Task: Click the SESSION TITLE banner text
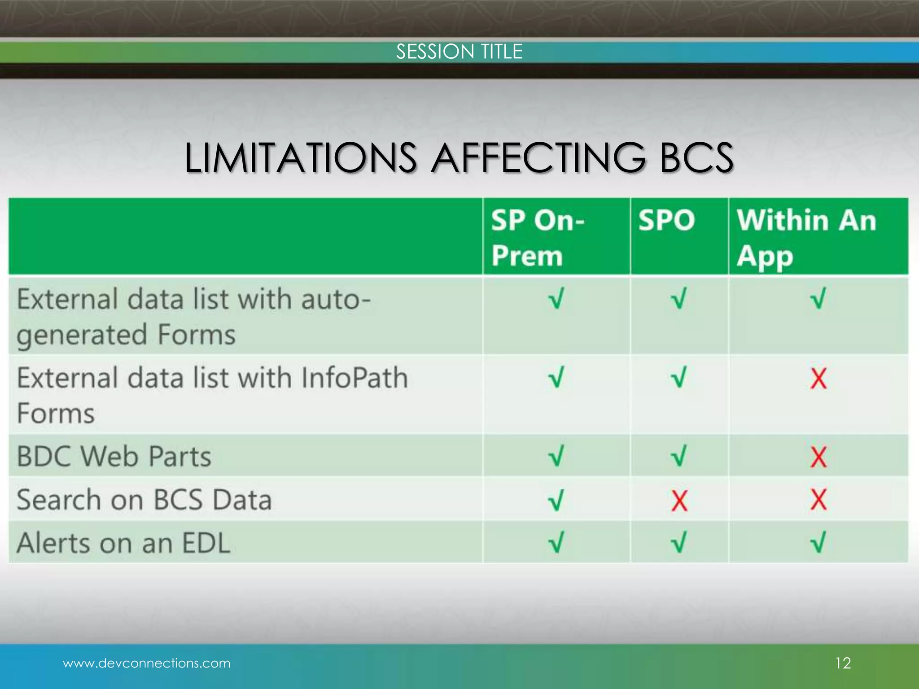[459, 52]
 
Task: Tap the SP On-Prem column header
[538, 238]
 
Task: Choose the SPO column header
[666, 220]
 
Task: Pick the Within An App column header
[806, 238]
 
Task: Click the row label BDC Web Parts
[114, 457]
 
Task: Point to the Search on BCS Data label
[144, 500]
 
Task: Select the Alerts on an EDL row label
[123, 543]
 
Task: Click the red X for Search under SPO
[679, 501]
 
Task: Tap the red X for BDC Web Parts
[818, 457]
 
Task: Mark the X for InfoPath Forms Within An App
[818, 379]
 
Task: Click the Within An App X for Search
[818, 500]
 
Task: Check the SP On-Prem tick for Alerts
[556, 543]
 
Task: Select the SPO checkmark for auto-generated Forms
[678, 299]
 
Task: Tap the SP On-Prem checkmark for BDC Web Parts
[556, 457]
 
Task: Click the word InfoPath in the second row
[354, 378]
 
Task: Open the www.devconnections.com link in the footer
[147, 663]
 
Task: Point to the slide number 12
[843, 663]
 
